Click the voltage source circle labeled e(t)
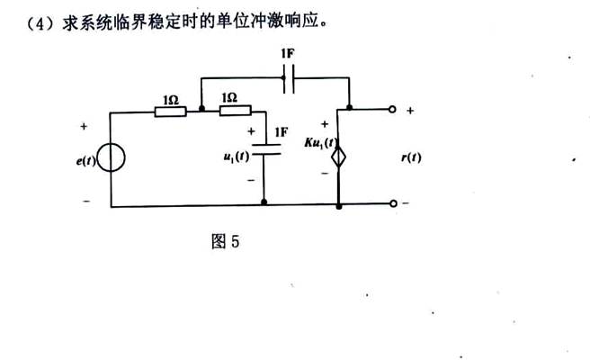click(111, 160)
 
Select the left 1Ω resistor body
click(170, 112)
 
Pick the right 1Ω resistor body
click(234, 112)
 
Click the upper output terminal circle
click(392, 109)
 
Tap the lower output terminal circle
click(392, 205)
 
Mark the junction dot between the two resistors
click(201, 112)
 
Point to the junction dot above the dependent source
click(348, 109)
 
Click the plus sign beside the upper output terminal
click(410, 111)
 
